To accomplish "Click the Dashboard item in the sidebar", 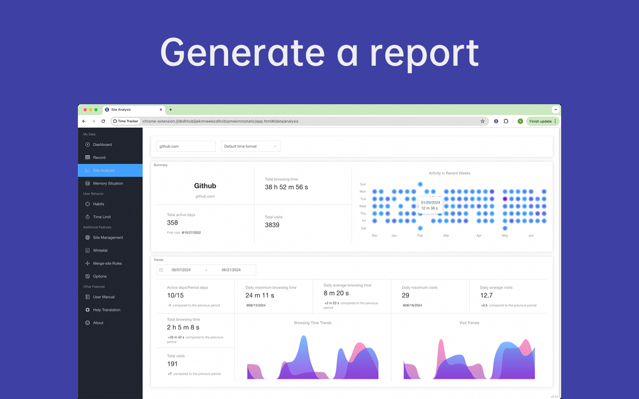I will pyautogui.click(x=102, y=145).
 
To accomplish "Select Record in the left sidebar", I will pyautogui.click(x=99, y=158).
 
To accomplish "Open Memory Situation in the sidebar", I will pyautogui.click(x=108, y=184).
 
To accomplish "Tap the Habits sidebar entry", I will pyautogui.click(x=99, y=204).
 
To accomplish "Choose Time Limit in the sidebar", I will pyautogui.click(x=102, y=217).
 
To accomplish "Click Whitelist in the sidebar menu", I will pyautogui.click(x=100, y=250).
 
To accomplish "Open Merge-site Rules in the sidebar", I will pyautogui.click(x=107, y=263).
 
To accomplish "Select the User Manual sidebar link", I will pyautogui.click(x=104, y=297).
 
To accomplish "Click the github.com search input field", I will pyautogui.click(x=186, y=146).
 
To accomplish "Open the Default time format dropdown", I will pyautogui.click(x=250, y=146).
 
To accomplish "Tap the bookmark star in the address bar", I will pyautogui.click(x=483, y=121).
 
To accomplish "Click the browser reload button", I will pyautogui.click(x=103, y=121).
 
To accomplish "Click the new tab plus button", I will pyautogui.click(x=171, y=110).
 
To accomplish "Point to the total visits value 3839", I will pyautogui.click(x=272, y=225).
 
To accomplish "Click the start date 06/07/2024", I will pyautogui.click(x=181, y=270).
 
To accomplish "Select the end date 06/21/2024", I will pyautogui.click(x=231, y=270).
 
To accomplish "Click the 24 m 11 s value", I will pyautogui.click(x=260, y=295).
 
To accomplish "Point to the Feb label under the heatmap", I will pyautogui.click(x=420, y=235).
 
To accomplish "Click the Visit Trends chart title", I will pyautogui.click(x=469, y=323).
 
